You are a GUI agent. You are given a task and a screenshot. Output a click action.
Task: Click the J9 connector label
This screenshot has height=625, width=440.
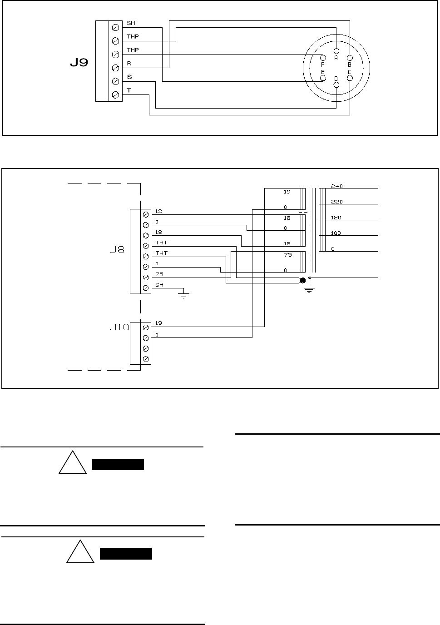[79, 63]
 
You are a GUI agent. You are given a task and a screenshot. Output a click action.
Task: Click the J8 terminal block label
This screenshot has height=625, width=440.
[119, 250]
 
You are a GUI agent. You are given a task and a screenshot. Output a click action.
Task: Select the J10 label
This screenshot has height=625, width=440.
[119, 327]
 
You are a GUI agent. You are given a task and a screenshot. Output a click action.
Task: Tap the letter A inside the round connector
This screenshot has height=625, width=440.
[336, 58]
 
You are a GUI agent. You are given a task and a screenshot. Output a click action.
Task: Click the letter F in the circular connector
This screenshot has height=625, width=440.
[322, 64]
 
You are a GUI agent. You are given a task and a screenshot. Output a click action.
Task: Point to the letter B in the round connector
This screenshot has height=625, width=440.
[350, 64]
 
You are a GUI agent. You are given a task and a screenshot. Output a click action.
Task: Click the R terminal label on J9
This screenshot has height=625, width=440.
[129, 64]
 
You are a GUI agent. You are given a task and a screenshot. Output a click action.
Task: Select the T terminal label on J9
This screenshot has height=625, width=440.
[129, 90]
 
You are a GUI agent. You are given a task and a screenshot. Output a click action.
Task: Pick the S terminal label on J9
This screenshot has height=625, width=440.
[129, 77]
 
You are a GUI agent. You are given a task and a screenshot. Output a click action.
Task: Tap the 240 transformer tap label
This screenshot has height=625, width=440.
[336, 186]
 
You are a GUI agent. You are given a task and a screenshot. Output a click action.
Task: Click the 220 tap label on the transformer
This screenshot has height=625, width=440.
[336, 202]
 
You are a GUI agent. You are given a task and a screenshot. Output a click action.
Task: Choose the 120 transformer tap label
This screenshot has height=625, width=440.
[336, 218]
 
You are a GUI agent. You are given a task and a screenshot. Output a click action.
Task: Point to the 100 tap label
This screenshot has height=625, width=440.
[336, 233]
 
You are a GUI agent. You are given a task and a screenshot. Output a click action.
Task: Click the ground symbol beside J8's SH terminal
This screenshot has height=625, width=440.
[183, 295]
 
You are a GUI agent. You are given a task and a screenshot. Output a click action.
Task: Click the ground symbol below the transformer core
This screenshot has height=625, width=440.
[309, 290]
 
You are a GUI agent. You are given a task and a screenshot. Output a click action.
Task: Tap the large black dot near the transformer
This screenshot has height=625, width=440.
[303, 280]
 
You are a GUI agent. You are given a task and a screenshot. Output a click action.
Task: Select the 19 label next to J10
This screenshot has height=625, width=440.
[158, 323]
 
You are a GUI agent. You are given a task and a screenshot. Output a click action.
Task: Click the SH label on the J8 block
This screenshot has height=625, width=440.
[159, 285]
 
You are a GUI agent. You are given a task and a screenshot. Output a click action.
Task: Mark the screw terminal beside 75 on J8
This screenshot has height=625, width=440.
[146, 278]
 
